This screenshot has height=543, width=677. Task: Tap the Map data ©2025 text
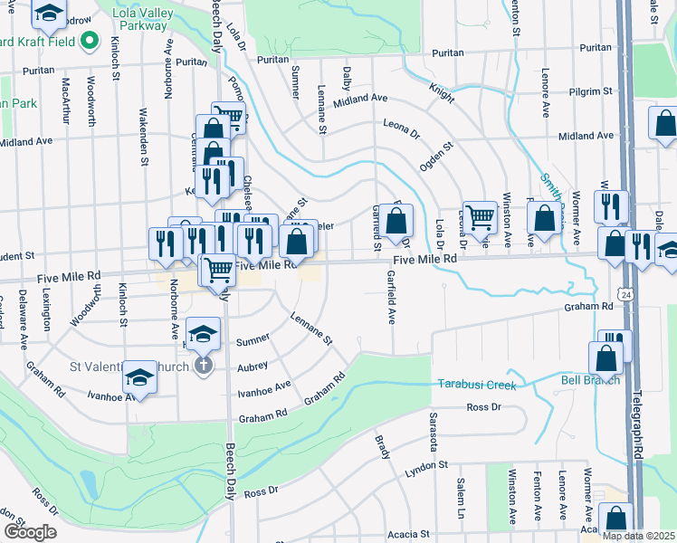click(x=638, y=536)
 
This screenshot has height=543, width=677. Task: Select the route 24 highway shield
click(x=626, y=294)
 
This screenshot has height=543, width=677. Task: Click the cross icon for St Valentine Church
click(x=204, y=366)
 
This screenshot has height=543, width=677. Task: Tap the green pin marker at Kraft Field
click(x=89, y=41)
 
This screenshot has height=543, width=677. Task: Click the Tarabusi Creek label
click(x=477, y=385)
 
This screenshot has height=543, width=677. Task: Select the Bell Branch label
click(x=591, y=379)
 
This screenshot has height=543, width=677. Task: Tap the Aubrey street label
click(x=253, y=366)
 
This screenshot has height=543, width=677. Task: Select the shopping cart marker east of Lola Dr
click(x=479, y=216)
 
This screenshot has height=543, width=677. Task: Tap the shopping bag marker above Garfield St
click(x=396, y=220)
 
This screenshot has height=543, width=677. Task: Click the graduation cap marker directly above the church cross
click(x=204, y=333)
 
